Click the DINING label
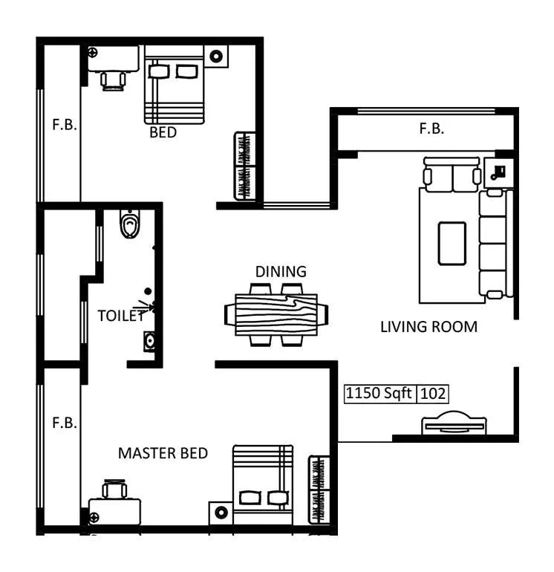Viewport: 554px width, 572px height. pos(281,272)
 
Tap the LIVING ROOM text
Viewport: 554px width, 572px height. pos(428,326)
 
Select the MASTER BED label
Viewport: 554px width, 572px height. pos(163,453)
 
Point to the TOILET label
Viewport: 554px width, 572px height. pos(120,316)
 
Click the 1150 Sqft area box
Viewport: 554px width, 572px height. pos(379,394)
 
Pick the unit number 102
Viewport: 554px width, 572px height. pos(432,394)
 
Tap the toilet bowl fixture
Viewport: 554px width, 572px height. pos(130,224)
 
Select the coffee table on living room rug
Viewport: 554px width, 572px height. pos(452,243)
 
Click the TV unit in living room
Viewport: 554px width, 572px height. pos(454,425)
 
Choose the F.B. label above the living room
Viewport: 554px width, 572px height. pos(431,129)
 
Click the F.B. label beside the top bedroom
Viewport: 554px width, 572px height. pos(64,125)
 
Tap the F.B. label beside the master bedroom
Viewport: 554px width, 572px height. pos(64,423)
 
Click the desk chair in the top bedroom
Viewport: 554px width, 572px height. pos(114,79)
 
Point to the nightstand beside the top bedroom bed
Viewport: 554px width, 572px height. pos(216,56)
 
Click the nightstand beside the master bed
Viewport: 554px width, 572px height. pos(221,513)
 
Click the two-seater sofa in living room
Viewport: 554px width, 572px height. pos(452,175)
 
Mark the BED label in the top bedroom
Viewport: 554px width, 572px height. pos(163,133)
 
